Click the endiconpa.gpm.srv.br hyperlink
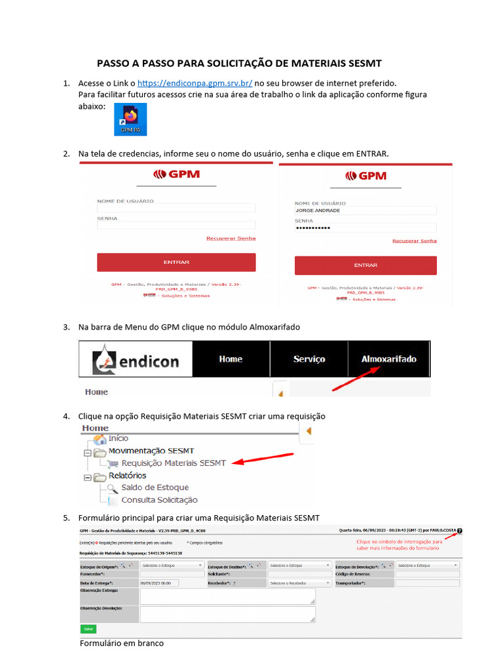pyautogui.click(x=195, y=83)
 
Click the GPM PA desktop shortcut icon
pyautogui.click(x=130, y=119)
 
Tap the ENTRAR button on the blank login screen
pyautogui.click(x=176, y=262)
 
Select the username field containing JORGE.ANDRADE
pyautogui.click(x=365, y=210)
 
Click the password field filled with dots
pyautogui.click(x=365, y=227)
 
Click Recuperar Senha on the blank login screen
pyautogui.click(x=231, y=239)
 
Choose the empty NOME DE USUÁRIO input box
pyautogui.click(x=176, y=208)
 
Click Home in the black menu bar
pyautogui.click(x=231, y=359)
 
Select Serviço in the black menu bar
pyautogui.click(x=309, y=359)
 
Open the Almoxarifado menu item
pyautogui.click(x=389, y=359)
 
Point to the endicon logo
pyautogui.click(x=136, y=360)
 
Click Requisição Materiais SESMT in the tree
pyautogui.click(x=174, y=463)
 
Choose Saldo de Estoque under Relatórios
pyautogui.click(x=155, y=488)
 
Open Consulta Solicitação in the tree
pyautogui.click(x=159, y=500)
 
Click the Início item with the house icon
pyautogui.click(x=118, y=438)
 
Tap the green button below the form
pyautogui.click(x=88, y=629)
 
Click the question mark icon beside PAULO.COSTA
pyautogui.click(x=459, y=531)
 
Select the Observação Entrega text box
pyautogui.click(x=227, y=596)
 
